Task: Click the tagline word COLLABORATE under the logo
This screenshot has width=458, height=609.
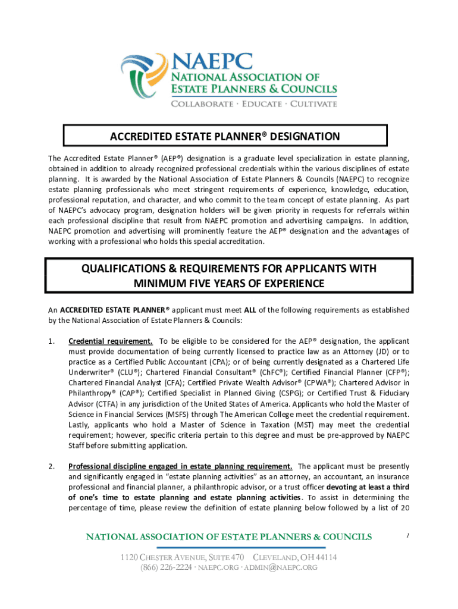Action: pos(202,103)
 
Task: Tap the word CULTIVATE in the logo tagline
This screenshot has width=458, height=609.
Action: pos(312,103)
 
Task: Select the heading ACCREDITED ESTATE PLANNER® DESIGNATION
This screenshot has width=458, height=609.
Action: pos(225,136)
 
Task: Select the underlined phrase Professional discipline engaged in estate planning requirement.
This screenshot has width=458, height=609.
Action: pos(180,466)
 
